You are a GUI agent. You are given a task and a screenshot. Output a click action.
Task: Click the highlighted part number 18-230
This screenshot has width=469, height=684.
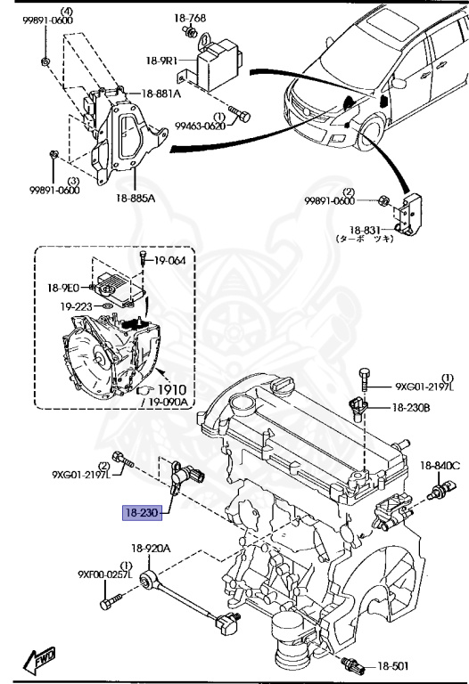click(x=141, y=513)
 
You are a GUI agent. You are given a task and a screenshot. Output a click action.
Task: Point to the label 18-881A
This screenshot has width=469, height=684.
click(x=160, y=94)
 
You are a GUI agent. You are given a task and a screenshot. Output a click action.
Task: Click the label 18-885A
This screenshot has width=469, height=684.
click(x=134, y=198)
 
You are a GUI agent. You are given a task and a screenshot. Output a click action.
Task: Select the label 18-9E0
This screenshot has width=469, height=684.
click(x=64, y=289)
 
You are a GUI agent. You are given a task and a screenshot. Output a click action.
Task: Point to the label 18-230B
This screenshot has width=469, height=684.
click(x=411, y=408)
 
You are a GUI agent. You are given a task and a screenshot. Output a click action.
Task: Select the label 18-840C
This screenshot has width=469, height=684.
click(x=440, y=465)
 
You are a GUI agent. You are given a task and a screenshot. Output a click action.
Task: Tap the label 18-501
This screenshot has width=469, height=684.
click(x=391, y=665)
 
